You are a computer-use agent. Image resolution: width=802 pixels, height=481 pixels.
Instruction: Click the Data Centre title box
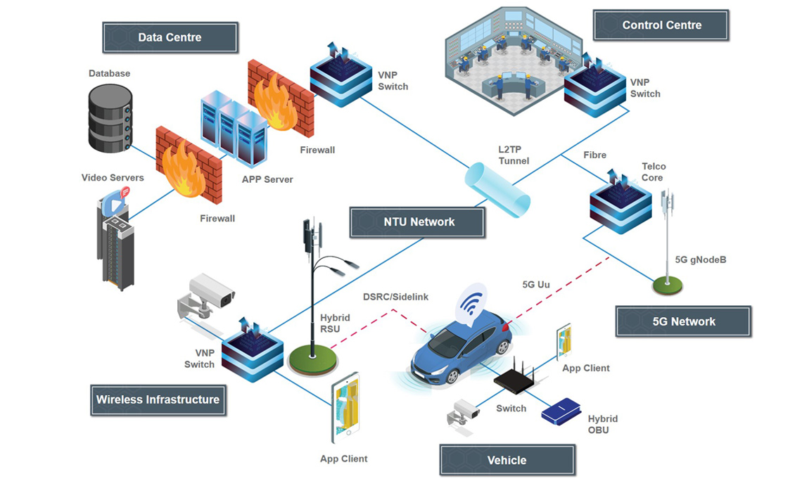(x=170, y=37)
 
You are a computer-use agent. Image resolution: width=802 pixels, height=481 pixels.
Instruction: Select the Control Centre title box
(x=661, y=25)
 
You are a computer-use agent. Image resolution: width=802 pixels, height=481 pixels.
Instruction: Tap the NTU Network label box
(x=419, y=222)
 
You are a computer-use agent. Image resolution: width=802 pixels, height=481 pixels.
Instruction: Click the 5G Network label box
(x=683, y=321)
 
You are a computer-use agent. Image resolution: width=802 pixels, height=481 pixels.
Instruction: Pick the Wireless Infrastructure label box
(x=158, y=399)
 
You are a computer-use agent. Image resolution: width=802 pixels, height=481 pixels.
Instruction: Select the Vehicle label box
(x=507, y=460)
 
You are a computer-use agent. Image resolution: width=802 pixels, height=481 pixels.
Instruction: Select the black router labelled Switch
(x=516, y=380)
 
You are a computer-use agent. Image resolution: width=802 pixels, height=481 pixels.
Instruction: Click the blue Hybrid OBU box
(x=561, y=411)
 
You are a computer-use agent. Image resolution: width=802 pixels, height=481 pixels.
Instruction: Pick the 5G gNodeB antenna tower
(x=666, y=239)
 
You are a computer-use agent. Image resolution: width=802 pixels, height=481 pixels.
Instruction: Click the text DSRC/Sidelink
(x=395, y=297)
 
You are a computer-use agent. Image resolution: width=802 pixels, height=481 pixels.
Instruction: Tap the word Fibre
(x=594, y=155)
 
